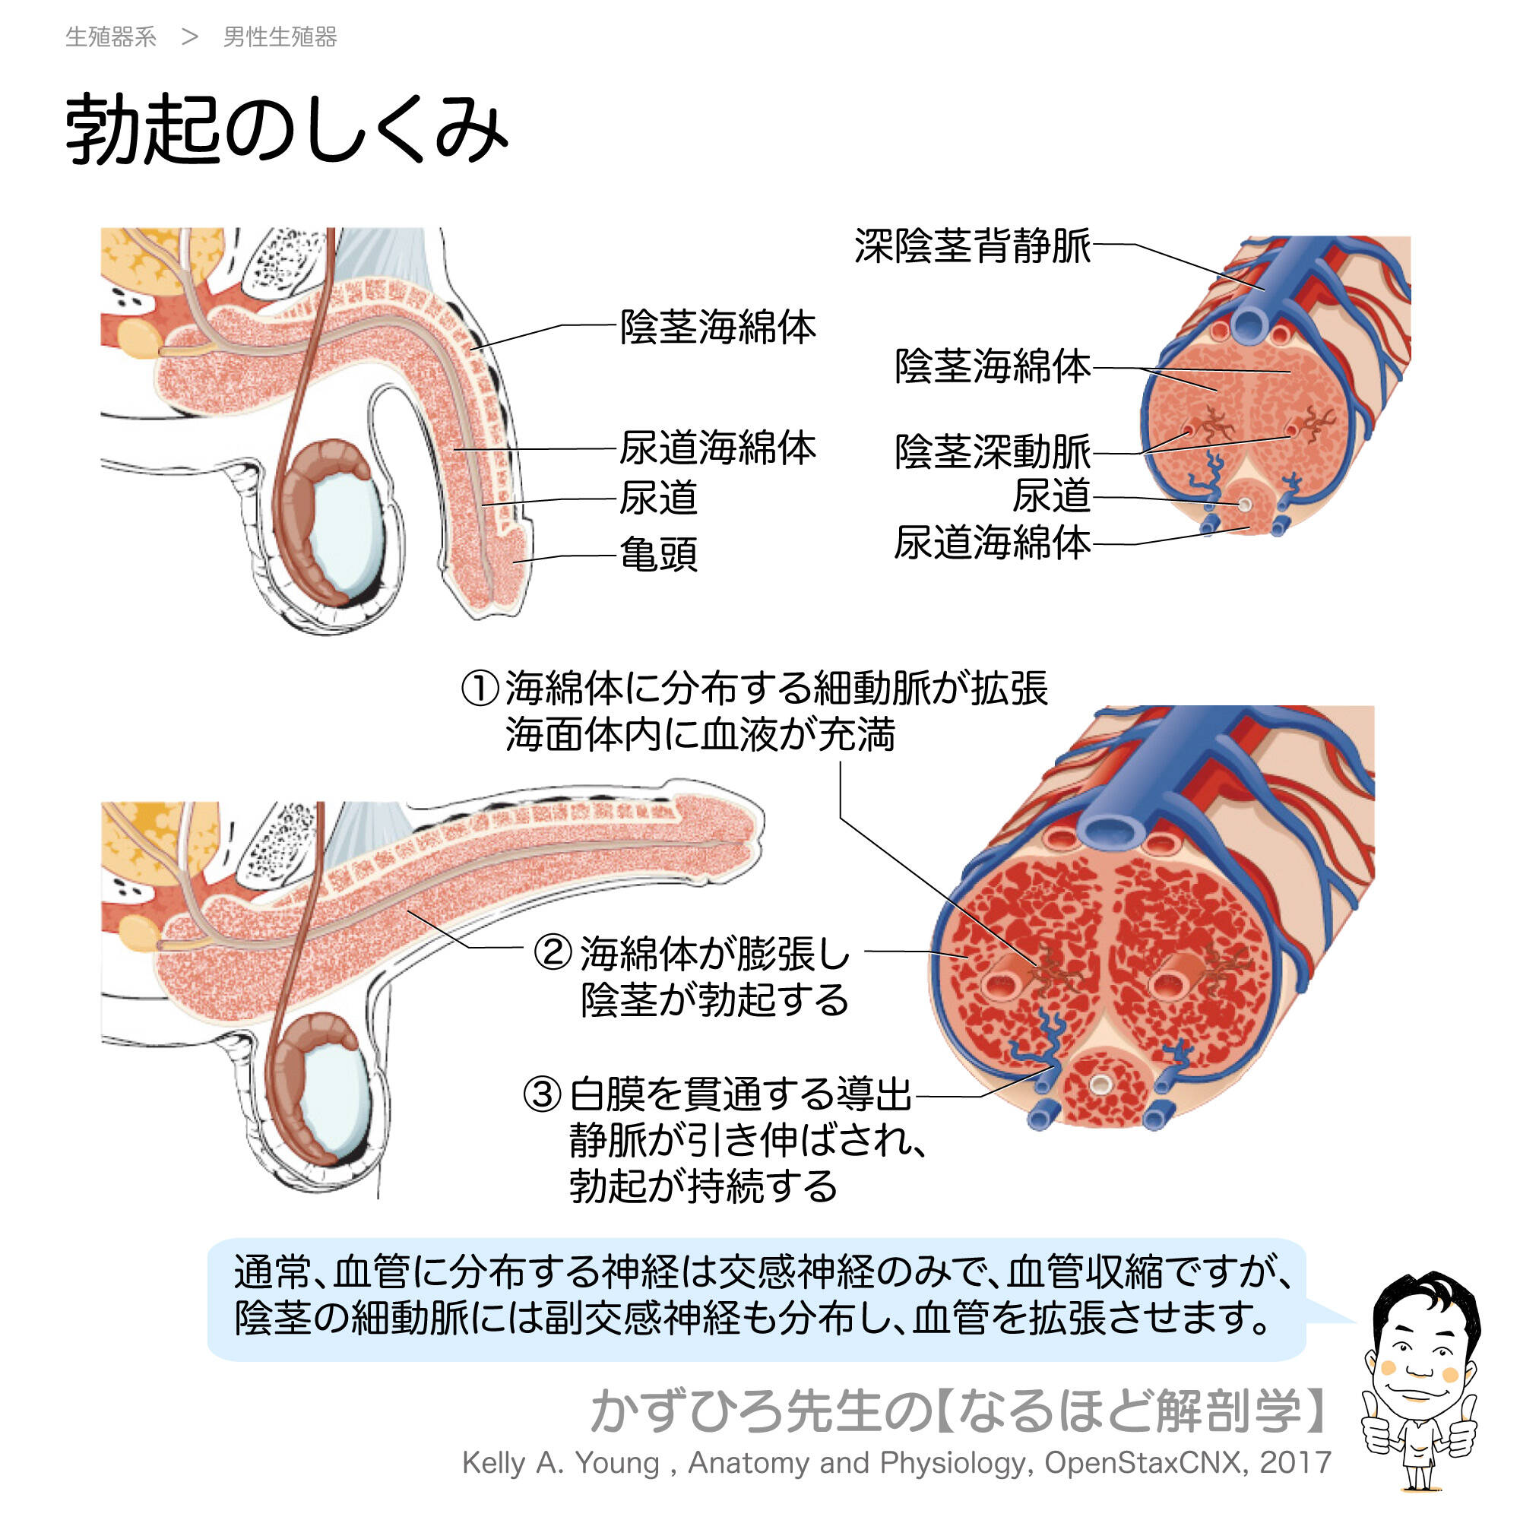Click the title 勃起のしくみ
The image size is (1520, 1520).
coord(287,130)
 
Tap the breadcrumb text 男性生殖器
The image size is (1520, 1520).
coord(280,37)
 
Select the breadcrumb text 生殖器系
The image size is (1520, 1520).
coord(111,37)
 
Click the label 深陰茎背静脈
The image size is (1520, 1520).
coord(973,245)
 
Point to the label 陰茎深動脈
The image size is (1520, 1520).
coord(992,451)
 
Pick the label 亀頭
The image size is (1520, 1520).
coord(658,555)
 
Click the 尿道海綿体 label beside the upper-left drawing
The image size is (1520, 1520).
coord(717,448)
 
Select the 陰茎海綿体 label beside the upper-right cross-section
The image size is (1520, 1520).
coord(992,366)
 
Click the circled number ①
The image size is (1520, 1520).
coord(480,689)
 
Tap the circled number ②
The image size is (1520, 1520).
coord(553,952)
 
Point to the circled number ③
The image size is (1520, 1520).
coord(543,1094)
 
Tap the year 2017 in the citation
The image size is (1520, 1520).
coord(1295,1462)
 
